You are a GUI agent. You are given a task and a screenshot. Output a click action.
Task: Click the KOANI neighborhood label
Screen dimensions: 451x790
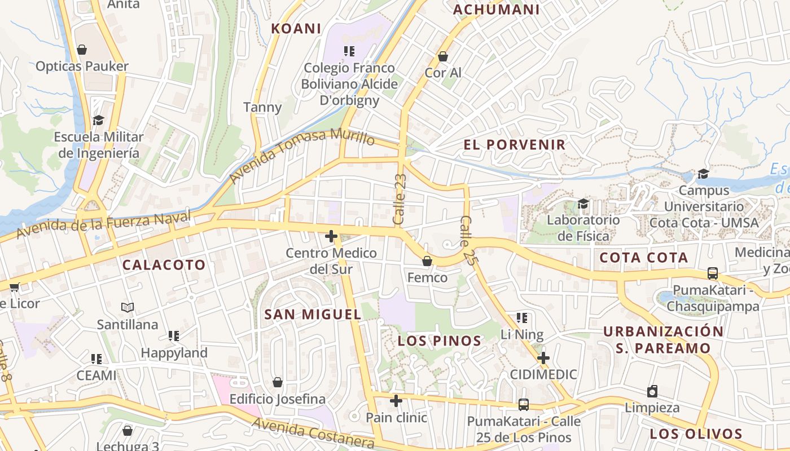(296, 29)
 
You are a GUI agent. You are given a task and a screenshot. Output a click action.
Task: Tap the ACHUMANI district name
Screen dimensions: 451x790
(497, 10)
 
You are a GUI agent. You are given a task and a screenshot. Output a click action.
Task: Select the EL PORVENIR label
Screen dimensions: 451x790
(514, 145)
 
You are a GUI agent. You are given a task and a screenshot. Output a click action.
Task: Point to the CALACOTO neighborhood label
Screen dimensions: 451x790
(164, 265)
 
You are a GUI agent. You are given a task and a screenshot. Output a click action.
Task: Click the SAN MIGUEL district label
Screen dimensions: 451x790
(313, 315)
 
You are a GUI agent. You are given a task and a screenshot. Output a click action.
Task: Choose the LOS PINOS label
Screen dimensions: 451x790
(440, 341)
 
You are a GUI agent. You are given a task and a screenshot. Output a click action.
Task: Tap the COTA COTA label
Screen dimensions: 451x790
(643, 258)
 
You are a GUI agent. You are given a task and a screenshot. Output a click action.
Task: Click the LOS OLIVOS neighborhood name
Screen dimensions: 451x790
(695, 434)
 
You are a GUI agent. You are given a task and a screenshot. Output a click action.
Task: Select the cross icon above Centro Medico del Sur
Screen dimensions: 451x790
(331, 236)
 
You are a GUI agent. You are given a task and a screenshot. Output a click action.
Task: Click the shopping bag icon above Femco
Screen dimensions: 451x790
(427, 261)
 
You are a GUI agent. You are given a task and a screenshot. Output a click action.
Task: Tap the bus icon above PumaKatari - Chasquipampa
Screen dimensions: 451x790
(713, 273)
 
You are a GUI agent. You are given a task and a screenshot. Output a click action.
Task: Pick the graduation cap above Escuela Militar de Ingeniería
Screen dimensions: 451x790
(99, 120)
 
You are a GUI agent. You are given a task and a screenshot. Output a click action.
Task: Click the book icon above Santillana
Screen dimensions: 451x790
(128, 308)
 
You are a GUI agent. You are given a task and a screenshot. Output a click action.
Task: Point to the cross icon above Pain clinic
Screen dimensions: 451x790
(396, 401)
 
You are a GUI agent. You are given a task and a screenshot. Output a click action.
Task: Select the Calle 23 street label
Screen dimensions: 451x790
(400, 200)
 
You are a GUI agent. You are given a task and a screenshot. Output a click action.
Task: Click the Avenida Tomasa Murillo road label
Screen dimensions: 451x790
(302, 156)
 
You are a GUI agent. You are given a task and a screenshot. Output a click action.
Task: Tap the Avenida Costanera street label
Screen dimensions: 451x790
(313, 432)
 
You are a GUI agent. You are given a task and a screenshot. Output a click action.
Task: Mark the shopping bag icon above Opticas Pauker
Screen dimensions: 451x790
(82, 50)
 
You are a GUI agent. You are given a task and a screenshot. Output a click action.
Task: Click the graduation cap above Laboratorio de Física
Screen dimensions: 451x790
(583, 203)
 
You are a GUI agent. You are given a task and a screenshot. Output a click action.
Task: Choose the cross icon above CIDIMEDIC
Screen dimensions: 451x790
(543, 358)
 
